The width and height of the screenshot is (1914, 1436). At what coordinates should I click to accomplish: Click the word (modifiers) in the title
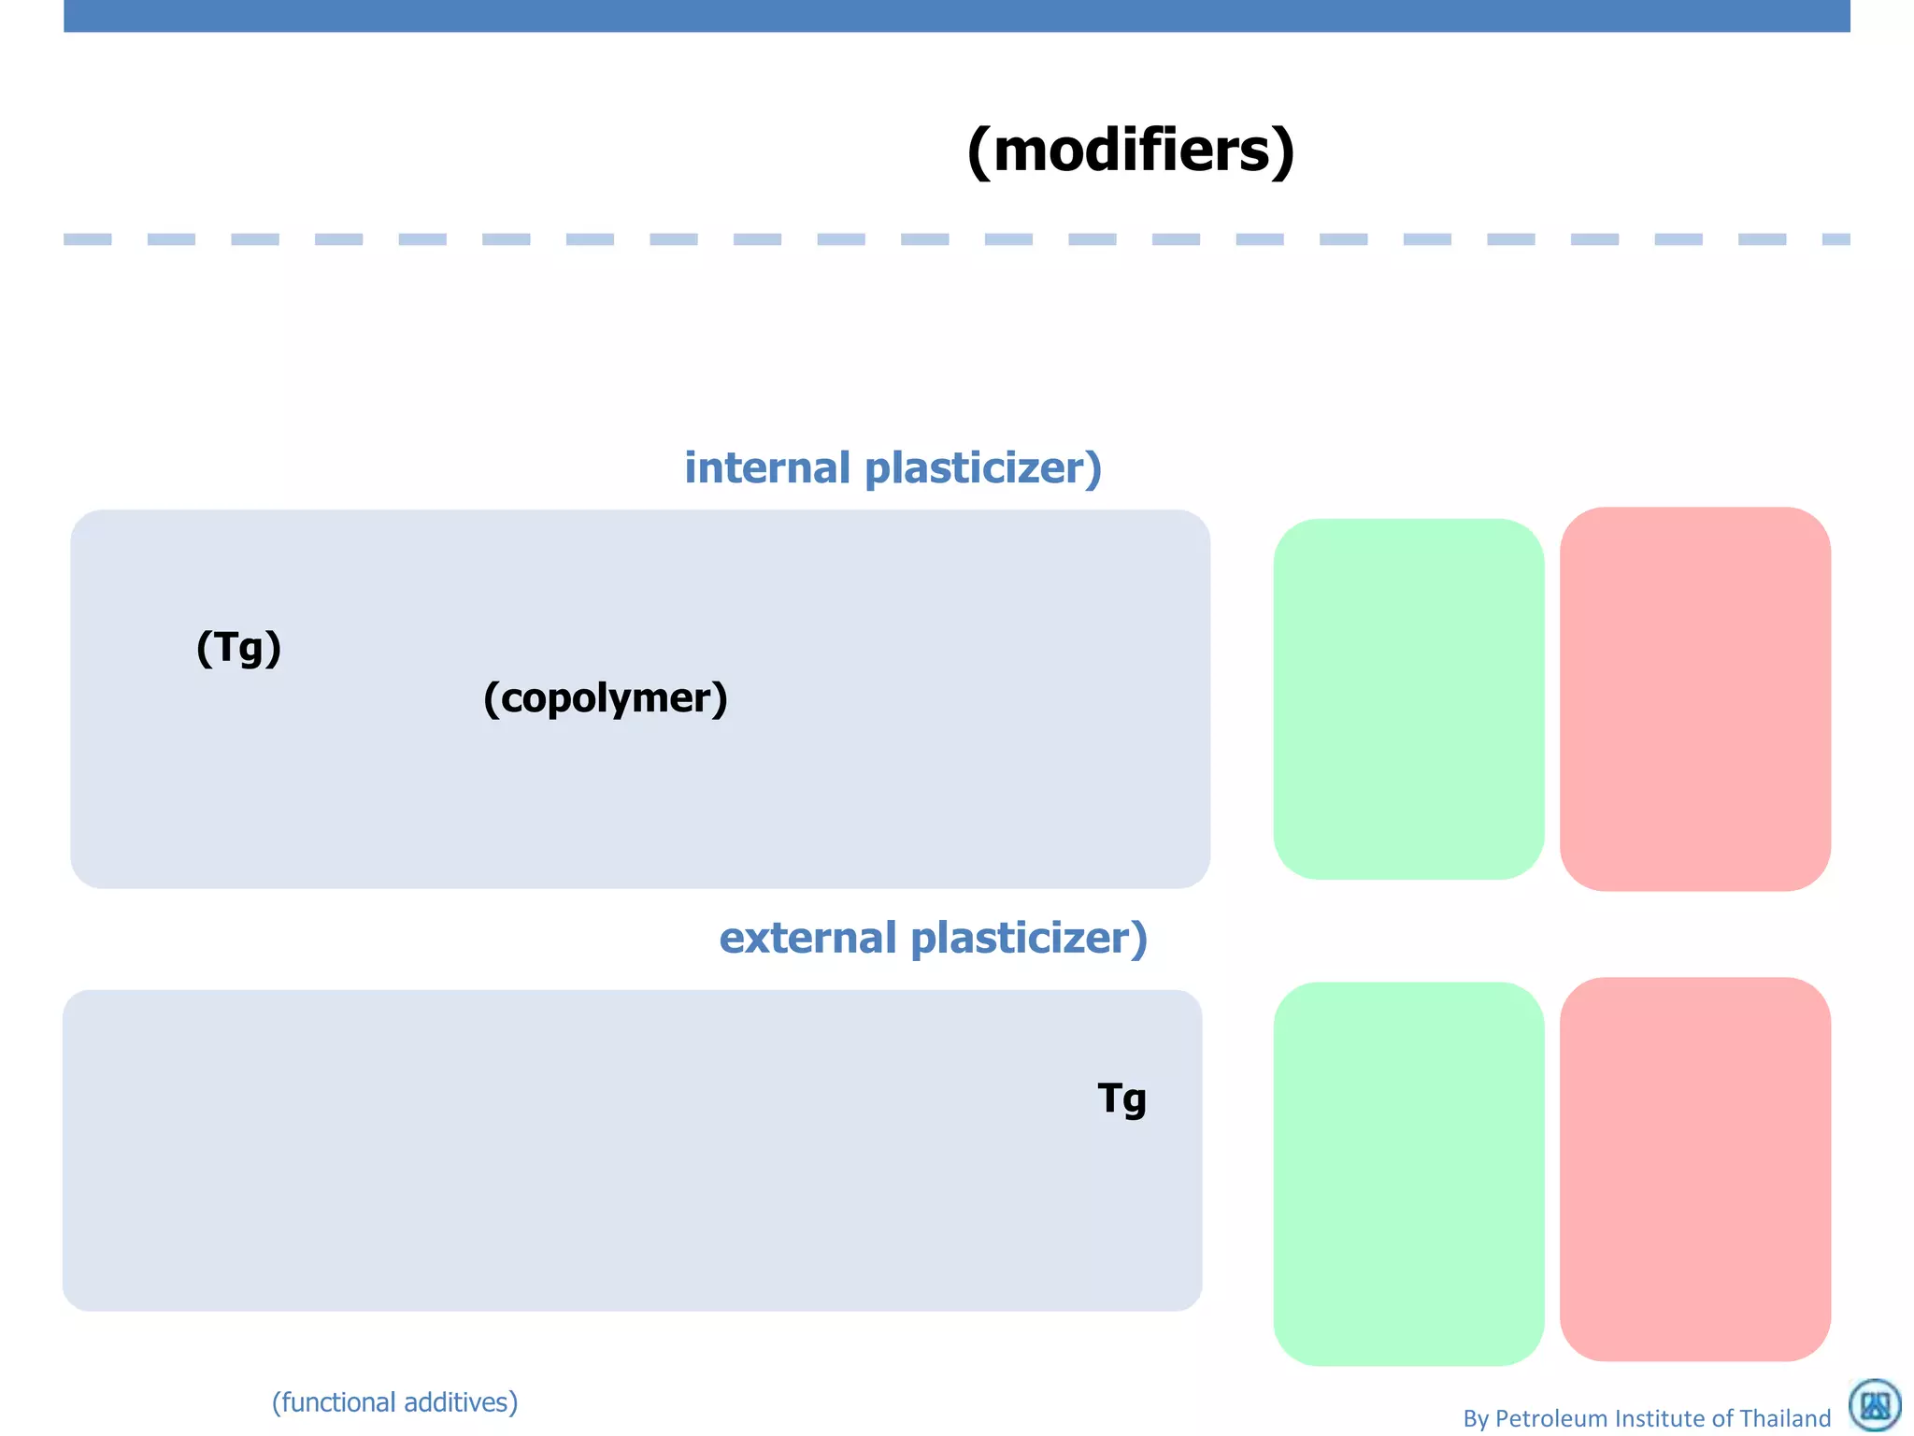coord(1131,150)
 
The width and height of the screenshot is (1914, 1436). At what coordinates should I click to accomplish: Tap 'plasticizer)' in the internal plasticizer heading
coord(983,467)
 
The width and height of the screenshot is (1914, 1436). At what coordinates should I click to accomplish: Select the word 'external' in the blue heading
coord(807,938)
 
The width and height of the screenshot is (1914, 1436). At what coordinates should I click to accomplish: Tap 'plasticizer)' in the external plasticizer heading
coord(1028,938)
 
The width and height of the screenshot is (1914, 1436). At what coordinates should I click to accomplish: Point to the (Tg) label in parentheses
coord(238,647)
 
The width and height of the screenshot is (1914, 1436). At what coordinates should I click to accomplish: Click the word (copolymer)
coord(605,698)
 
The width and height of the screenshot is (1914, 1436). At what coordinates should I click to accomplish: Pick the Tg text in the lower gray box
coord(1121,1099)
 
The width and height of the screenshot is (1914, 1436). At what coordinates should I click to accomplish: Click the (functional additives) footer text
coord(394,1402)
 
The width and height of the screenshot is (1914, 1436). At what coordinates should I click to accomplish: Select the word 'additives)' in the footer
coord(460,1402)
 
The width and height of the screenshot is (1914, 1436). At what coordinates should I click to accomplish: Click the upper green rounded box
coord(1407,698)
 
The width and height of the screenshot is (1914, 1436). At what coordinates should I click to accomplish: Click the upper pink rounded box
coord(1694,698)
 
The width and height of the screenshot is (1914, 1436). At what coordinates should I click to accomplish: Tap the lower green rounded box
coord(1407,1173)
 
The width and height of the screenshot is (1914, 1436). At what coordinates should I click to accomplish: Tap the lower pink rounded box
coord(1694,1169)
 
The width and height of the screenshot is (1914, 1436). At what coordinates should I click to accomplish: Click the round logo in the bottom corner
coord(1875,1404)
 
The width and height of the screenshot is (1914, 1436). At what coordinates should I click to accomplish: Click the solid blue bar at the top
coord(957,16)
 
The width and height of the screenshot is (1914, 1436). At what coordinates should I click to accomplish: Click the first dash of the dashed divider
coord(87,239)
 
